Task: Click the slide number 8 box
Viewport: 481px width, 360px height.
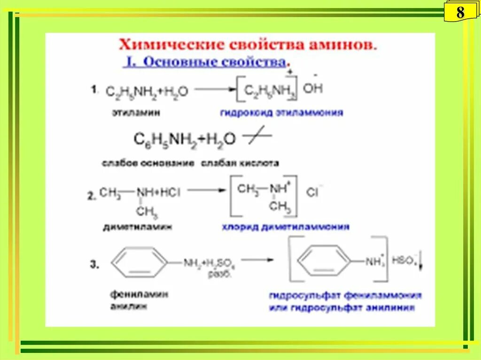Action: [460, 12]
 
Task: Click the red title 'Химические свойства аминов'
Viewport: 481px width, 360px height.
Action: [248, 46]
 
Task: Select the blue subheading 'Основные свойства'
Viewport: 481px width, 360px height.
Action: [207, 62]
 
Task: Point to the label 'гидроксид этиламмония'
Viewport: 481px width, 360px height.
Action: [281, 113]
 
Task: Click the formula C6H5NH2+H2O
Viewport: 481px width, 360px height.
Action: [185, 139]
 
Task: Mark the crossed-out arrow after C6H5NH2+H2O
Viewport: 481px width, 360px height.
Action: [256, 137]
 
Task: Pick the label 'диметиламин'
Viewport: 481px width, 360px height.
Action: [137, 227]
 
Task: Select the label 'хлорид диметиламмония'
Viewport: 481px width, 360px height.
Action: [286, 227]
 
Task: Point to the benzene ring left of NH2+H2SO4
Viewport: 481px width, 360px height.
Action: [140, 262]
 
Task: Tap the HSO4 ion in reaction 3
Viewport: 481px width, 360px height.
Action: [405, 260]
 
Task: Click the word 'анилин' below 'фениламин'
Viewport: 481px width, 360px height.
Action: [128, 306]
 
